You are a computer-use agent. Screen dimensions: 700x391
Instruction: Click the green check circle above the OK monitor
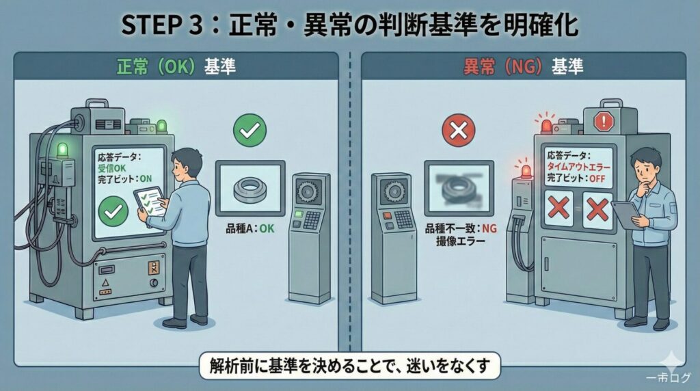pyautogui.click(x=250, y=131)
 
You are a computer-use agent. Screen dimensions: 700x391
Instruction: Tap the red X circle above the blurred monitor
pyautogui.click(x=459, y=131)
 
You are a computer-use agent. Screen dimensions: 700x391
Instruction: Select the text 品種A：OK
pyautogui.click(x=250, y=229)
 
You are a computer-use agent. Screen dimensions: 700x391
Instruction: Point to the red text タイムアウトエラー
pyautogui.click(x=578, y=167)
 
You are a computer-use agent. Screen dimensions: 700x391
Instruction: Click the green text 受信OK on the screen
pyautogui.click(x=111, y=168)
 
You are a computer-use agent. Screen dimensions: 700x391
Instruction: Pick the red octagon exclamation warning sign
pyautogui.click(x=604, y=120)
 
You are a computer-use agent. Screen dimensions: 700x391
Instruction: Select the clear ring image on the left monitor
pyautogui.click(x=250, y=189)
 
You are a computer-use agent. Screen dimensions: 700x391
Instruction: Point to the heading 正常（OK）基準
pyautogui.click(x=176, y=67)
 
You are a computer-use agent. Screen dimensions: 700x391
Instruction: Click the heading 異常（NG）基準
pyautogui.click(x=523, y=67)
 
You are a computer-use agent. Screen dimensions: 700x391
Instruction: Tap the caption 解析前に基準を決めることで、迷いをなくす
pyautogui.click(x=350, y=366)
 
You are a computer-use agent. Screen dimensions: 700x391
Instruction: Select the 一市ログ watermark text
pyautogui.click(x=668, y=377)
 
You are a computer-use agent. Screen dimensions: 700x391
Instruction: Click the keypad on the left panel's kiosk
pyautogui.click(x=312, y=219)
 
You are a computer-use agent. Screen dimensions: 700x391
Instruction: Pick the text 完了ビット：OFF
pyautogui.click(x=576, y=178)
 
